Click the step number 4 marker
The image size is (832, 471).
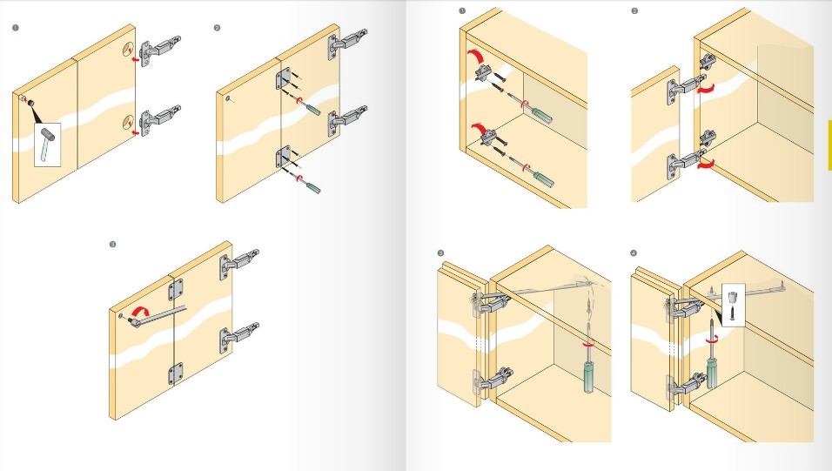point(634,253)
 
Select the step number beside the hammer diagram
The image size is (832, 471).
point(16,28)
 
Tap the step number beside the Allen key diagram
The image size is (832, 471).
point(112,245)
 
